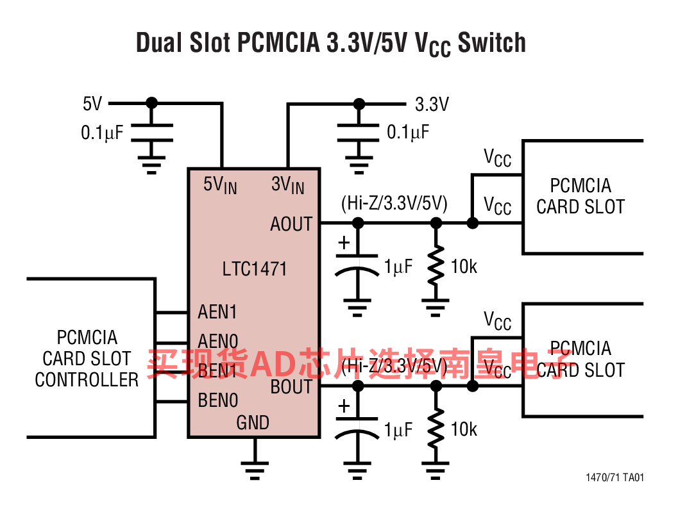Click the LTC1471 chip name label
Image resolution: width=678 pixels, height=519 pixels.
tap(255, 268)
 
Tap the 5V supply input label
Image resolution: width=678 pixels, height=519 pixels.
tap(92, 103)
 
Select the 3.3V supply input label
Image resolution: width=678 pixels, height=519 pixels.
tap(432, 104)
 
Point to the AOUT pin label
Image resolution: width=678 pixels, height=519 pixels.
tap(291, 224)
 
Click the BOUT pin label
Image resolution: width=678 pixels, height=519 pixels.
tap(291, 387)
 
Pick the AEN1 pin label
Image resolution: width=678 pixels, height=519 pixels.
tap(217, 312)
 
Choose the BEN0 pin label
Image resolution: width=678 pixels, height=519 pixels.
tap(218, 401)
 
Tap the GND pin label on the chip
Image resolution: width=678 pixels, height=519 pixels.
tap(253, 423)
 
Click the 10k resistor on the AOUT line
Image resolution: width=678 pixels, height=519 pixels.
tap(436, 265)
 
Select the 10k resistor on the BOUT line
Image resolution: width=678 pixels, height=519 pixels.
tap(436, 428)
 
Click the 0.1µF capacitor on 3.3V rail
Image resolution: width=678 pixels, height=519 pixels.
tap(359, 133)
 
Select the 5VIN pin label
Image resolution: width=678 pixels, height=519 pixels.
tap(220, 185)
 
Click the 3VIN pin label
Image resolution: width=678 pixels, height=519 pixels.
tap(287, 185)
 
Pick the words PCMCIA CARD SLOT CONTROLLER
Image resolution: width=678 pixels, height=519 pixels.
tap(87, 359)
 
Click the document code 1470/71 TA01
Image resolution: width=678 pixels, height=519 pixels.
tap(614, 478)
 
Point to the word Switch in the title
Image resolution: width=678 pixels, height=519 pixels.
tap(492, 43)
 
